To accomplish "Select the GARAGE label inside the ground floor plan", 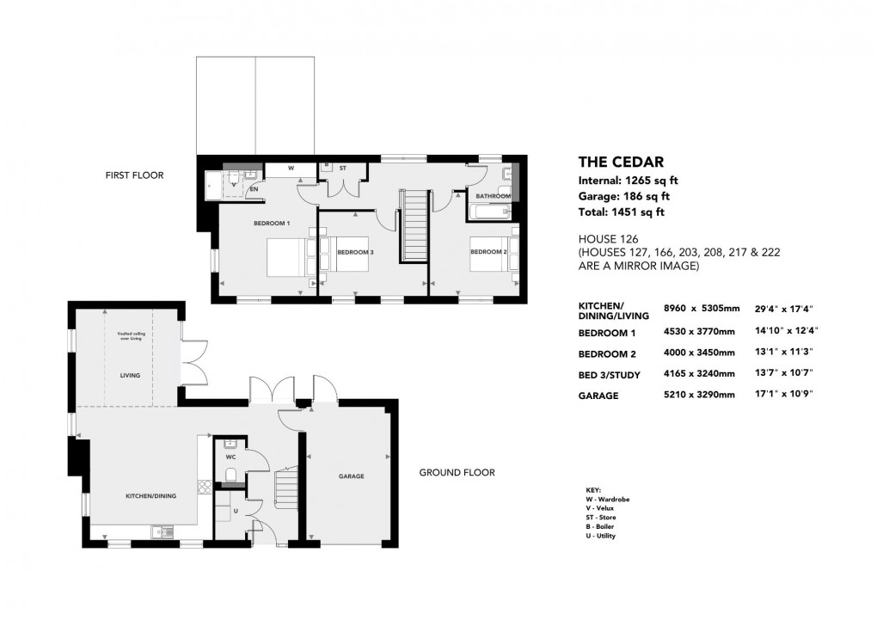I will point(351,476).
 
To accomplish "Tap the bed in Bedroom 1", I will point(285,257).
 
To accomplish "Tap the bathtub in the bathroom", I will point(490,212).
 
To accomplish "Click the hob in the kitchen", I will point(205,488).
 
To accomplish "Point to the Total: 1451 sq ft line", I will point(621,212).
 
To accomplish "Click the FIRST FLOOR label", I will point(134,175).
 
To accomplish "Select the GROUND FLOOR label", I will point(457,472).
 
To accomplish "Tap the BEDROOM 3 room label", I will point(355,252).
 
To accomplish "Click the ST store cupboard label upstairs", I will point(341,169).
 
